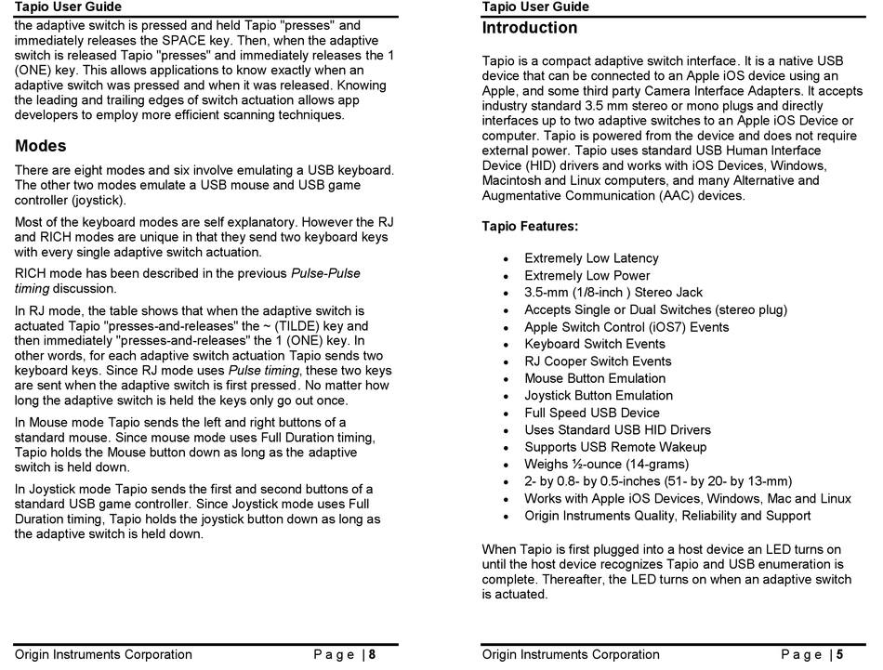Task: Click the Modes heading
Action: pos(41,146)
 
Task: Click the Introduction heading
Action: pos(529,28)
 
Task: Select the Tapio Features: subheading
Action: pos(530,226)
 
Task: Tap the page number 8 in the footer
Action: pos(372,654)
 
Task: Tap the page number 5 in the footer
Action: pos(839,654)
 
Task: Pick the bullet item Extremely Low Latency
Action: pos(591,258)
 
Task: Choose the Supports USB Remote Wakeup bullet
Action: pos(614,447)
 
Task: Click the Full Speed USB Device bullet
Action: pos(591,413)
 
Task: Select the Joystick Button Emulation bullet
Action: pos(598,396)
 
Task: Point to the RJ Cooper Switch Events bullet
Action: pos(597,361)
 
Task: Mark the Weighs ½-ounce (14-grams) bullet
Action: pos(606,464)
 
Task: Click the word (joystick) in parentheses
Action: pos(97,200)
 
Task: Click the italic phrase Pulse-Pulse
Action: pos(325,273)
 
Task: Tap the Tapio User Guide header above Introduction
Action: pos(535,7)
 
